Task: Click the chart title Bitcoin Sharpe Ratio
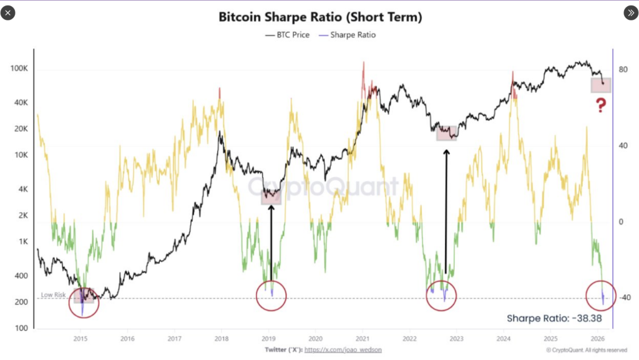[320, 17]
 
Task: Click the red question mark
[600, 105]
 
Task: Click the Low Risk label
[54, 294]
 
